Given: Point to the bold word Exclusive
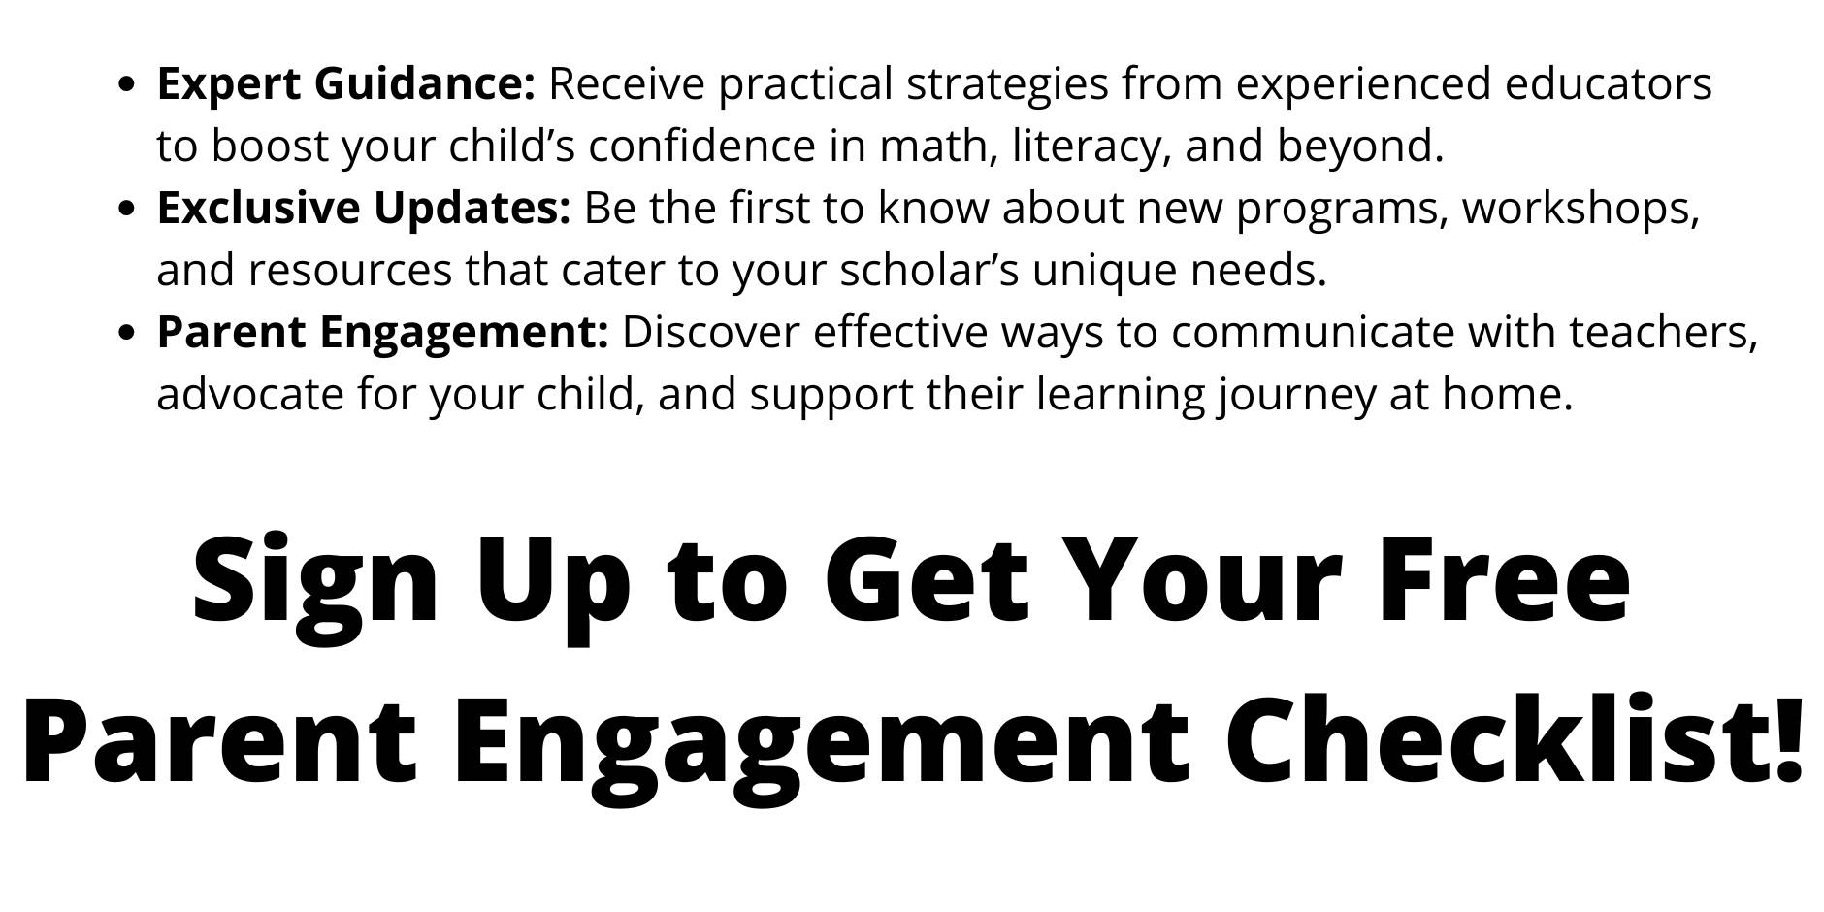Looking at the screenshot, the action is click(260, 208).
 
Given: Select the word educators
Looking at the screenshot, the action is click(1609, 84).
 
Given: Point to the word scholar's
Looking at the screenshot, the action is click(929, 271).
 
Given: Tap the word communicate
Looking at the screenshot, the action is click(1313, 333).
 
